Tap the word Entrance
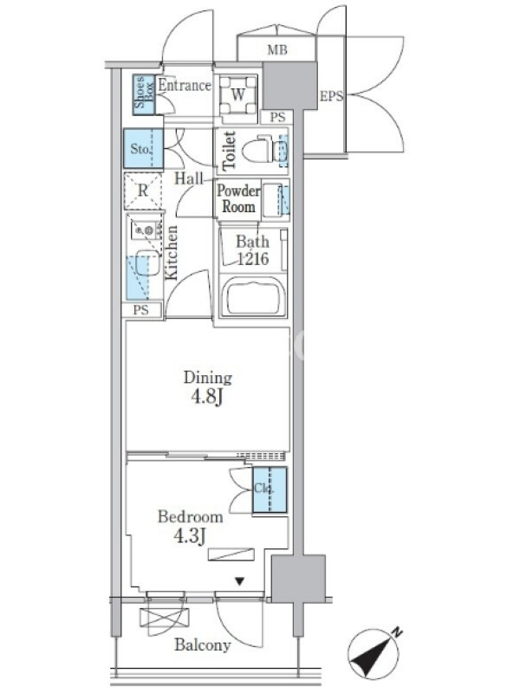(185, 85)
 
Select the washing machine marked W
(237, 94)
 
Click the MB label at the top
(277, 50)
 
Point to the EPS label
(331, 96)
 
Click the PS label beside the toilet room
(277, 117)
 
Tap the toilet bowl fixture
(264, 151)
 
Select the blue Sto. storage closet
(143, 148)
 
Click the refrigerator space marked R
(143, 191)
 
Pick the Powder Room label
(238, 198)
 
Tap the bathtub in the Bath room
(252, 295)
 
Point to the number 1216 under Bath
(253, 258)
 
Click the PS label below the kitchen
(141, 310)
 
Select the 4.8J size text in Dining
(207, 397)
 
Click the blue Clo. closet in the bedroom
(270, 489)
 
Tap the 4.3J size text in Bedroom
(190, 535)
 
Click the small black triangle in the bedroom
(240, 581)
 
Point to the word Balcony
(203, 644)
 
